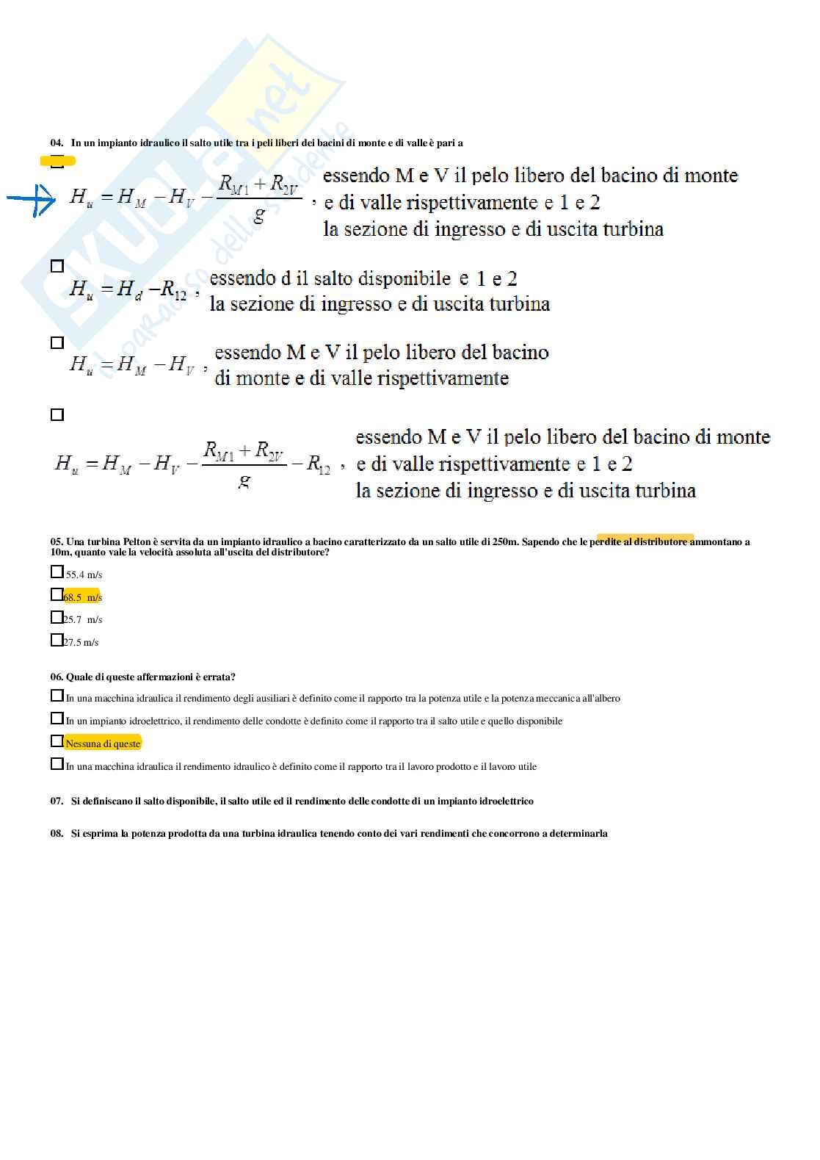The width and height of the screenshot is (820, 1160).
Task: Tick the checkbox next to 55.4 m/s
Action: pos(57,572)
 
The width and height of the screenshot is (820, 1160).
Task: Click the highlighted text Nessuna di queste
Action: pos(103,743)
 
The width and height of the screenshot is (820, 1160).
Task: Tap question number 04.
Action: pos(57,143)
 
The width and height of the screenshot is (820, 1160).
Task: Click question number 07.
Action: pos(57,801)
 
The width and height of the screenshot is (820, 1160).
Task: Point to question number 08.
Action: pos(57,833)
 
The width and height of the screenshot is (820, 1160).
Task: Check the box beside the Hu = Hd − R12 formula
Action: pos(57,266)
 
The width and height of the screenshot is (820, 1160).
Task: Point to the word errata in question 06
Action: pos(218,677)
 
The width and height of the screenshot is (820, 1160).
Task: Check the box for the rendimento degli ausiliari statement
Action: pos(57,695)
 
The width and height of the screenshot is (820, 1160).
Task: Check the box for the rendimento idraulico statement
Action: pos(57,764)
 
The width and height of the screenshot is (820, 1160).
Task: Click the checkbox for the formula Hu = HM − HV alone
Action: pos(57,342)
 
